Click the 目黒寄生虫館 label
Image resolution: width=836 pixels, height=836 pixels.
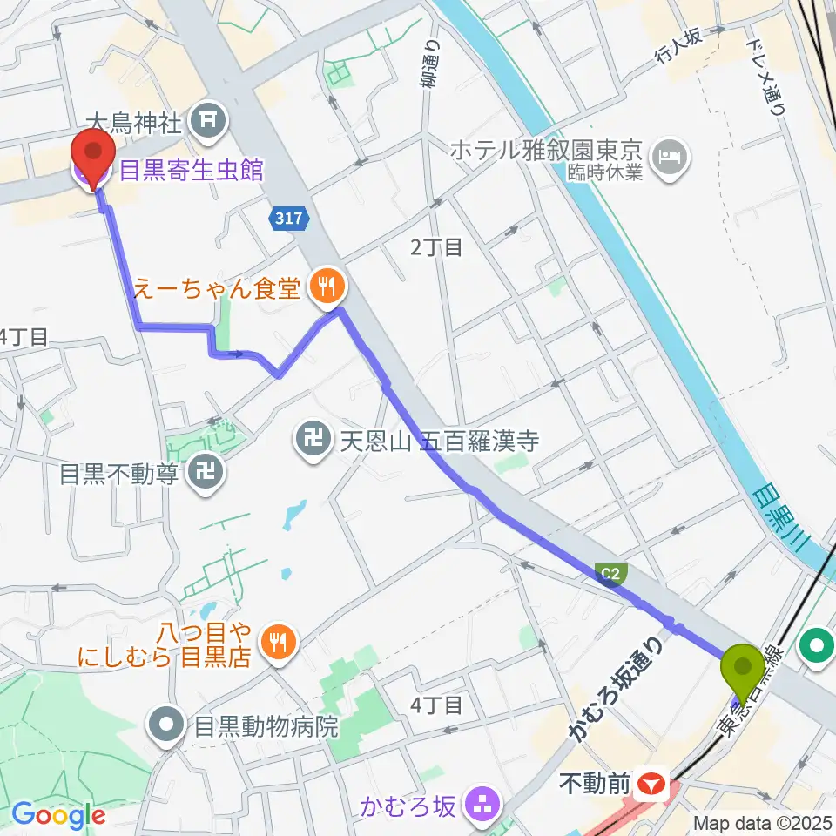pyautogui.click(x=191, y=170)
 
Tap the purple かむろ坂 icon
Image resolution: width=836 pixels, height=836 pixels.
pyautogui.click(x=481, y=802)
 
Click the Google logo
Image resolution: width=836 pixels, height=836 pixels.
pyautogui.click(x=58, y=816)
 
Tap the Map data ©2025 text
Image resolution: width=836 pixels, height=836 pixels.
pyautogui.click(x=763, y=822)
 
